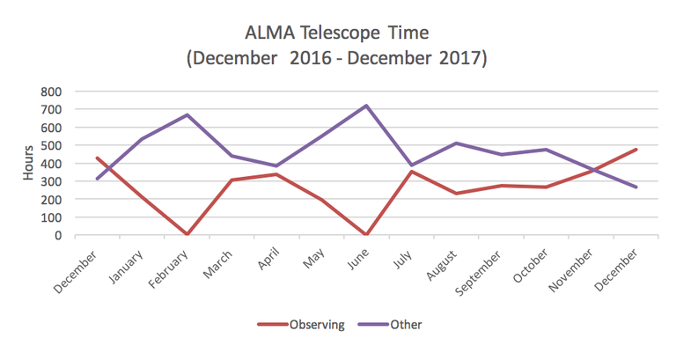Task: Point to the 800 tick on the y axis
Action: (50, 91)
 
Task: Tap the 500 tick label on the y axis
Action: (50, 145)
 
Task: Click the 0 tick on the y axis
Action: (57, 235)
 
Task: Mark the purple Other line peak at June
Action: (365, 106)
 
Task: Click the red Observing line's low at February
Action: (187, 234)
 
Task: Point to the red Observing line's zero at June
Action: (365, 234)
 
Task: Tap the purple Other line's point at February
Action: (187, 114)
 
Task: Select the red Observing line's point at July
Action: (410, 172)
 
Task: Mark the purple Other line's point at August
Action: (455, 143)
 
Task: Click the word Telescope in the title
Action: (347, 33)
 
